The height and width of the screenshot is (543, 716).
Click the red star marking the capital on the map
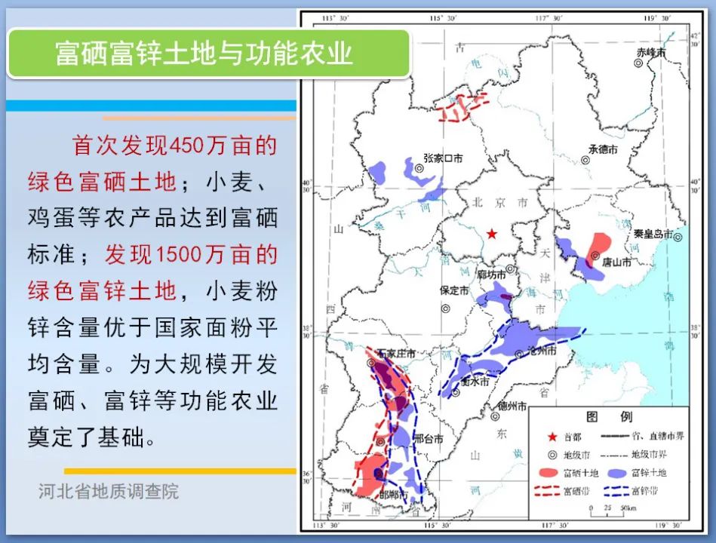click(x=492, y=234)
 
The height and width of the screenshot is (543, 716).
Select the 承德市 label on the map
click(x=603, y=150)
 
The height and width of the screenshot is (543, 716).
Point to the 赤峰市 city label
click(x=650, y=53)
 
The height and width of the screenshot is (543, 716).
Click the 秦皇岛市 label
click(x=653, y=235)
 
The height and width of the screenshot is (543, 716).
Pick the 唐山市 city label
click(x=617, y=262)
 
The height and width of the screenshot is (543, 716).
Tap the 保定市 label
click(x=455, y=290)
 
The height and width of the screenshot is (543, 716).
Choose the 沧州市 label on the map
click(x=541, y=352)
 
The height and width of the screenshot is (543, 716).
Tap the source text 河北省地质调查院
click(x=109, y=492)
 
